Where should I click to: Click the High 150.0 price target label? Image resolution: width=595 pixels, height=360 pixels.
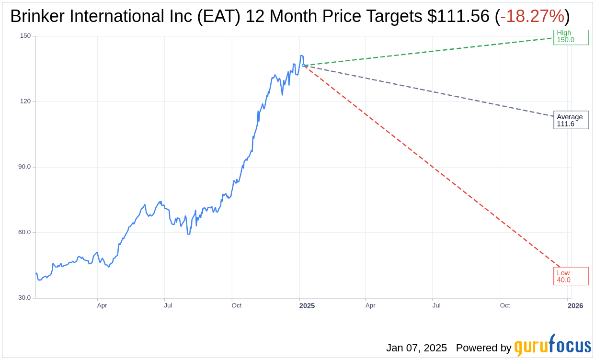tap(570, 36)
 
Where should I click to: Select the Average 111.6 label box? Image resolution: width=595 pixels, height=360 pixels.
tap(570, 120)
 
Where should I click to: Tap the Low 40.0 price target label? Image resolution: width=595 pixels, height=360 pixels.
tap(570, 276)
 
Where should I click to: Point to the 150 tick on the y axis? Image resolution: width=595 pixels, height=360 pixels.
tap(25, 36)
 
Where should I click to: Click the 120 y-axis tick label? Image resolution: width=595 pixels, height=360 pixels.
tap(25, 101)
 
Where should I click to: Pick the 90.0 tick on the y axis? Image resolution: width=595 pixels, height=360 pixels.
tap(24, 167)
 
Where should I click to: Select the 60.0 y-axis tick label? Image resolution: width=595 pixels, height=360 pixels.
tap(24, 232)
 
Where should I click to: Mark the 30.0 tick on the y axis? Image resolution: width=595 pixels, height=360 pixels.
tap(24, 298)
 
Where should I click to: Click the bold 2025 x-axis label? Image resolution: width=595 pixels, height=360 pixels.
tap(307, 305)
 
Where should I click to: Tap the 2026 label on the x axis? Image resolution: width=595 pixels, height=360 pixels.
tap(575, 305)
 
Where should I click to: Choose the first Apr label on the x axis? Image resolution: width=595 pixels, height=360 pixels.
tap(102, 305)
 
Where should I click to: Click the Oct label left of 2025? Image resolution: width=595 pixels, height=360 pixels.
tap(237, 305)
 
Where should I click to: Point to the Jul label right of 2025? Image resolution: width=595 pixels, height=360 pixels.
tap(436, 305)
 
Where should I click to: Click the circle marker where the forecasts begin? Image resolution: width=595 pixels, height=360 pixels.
tap(303, 65)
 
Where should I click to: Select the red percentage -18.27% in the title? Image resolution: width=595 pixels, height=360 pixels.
tap(532, 17)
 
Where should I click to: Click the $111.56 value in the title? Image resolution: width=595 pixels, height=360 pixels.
tap(458, 17)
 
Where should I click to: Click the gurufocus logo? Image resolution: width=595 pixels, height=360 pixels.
tap(552, 346)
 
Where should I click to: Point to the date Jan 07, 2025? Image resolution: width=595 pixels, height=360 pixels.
tap(416, 348)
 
